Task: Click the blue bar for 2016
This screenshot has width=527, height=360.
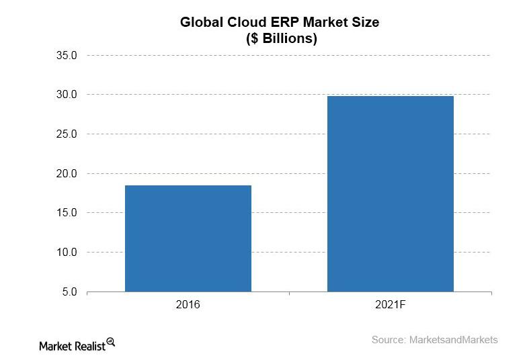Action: pos(188,238)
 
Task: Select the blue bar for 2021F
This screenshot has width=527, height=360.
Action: pos(390,194)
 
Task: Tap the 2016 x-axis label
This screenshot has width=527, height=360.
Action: pos(188,305)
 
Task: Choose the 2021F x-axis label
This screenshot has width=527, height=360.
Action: pos(390,305)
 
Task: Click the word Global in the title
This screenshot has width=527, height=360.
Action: pos(202,22)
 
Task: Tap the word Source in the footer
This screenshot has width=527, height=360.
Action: pos(389,340)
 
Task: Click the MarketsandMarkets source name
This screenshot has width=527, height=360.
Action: pos(454,340)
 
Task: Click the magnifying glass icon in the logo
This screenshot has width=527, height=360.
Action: pos(111,341)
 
